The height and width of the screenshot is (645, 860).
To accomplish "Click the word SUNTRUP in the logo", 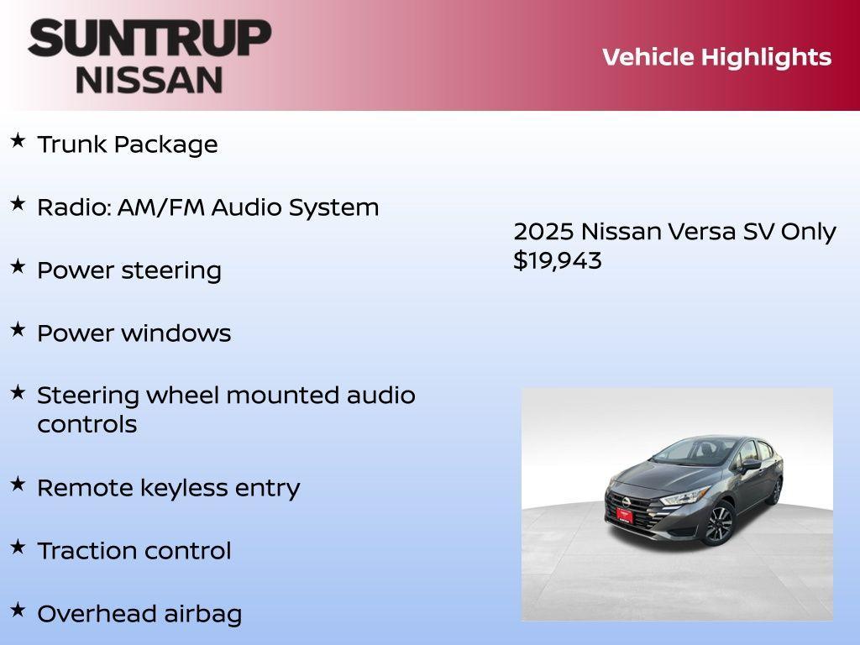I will coord(149,39).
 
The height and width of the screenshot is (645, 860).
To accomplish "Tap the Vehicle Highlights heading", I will coord(716,57).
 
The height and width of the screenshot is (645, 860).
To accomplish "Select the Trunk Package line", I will coord(128,144).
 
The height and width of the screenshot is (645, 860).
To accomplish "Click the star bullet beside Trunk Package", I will coord(18,141).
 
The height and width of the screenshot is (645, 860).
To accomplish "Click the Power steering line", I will coord(129,270).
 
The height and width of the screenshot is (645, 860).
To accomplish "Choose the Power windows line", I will coord(134,333).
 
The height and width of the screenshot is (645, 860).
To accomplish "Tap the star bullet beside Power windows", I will coord(18,329).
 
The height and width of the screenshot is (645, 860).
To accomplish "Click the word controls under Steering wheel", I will coord(87,424).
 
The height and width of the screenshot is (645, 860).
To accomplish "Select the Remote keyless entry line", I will coord(168,488).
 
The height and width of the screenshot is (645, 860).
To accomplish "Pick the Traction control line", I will coord(134,551).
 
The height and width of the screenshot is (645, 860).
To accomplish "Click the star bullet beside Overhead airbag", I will coord(18,610).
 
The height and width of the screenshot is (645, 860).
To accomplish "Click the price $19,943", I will coord(558,260).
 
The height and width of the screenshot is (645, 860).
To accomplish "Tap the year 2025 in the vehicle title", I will coord(543,232).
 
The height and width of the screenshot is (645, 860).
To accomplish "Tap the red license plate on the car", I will coord(624,515).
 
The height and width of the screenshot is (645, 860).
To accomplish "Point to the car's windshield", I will coord(689,454).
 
